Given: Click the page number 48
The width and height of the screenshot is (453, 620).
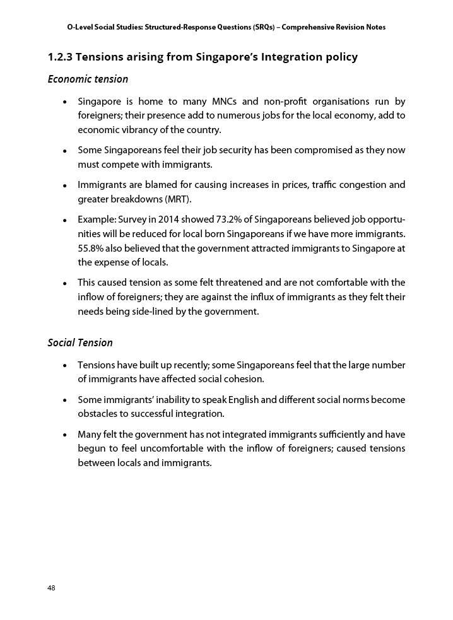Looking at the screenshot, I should point(51,588).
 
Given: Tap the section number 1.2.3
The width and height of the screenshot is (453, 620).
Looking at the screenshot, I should point(60,57).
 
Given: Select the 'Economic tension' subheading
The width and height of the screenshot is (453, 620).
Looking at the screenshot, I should point(88,79).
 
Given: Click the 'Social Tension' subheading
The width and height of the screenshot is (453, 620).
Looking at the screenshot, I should point(80,343).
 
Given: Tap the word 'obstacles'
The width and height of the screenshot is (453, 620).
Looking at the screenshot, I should point(98,414).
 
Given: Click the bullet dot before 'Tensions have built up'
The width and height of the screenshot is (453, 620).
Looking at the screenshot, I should point(66,366).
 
